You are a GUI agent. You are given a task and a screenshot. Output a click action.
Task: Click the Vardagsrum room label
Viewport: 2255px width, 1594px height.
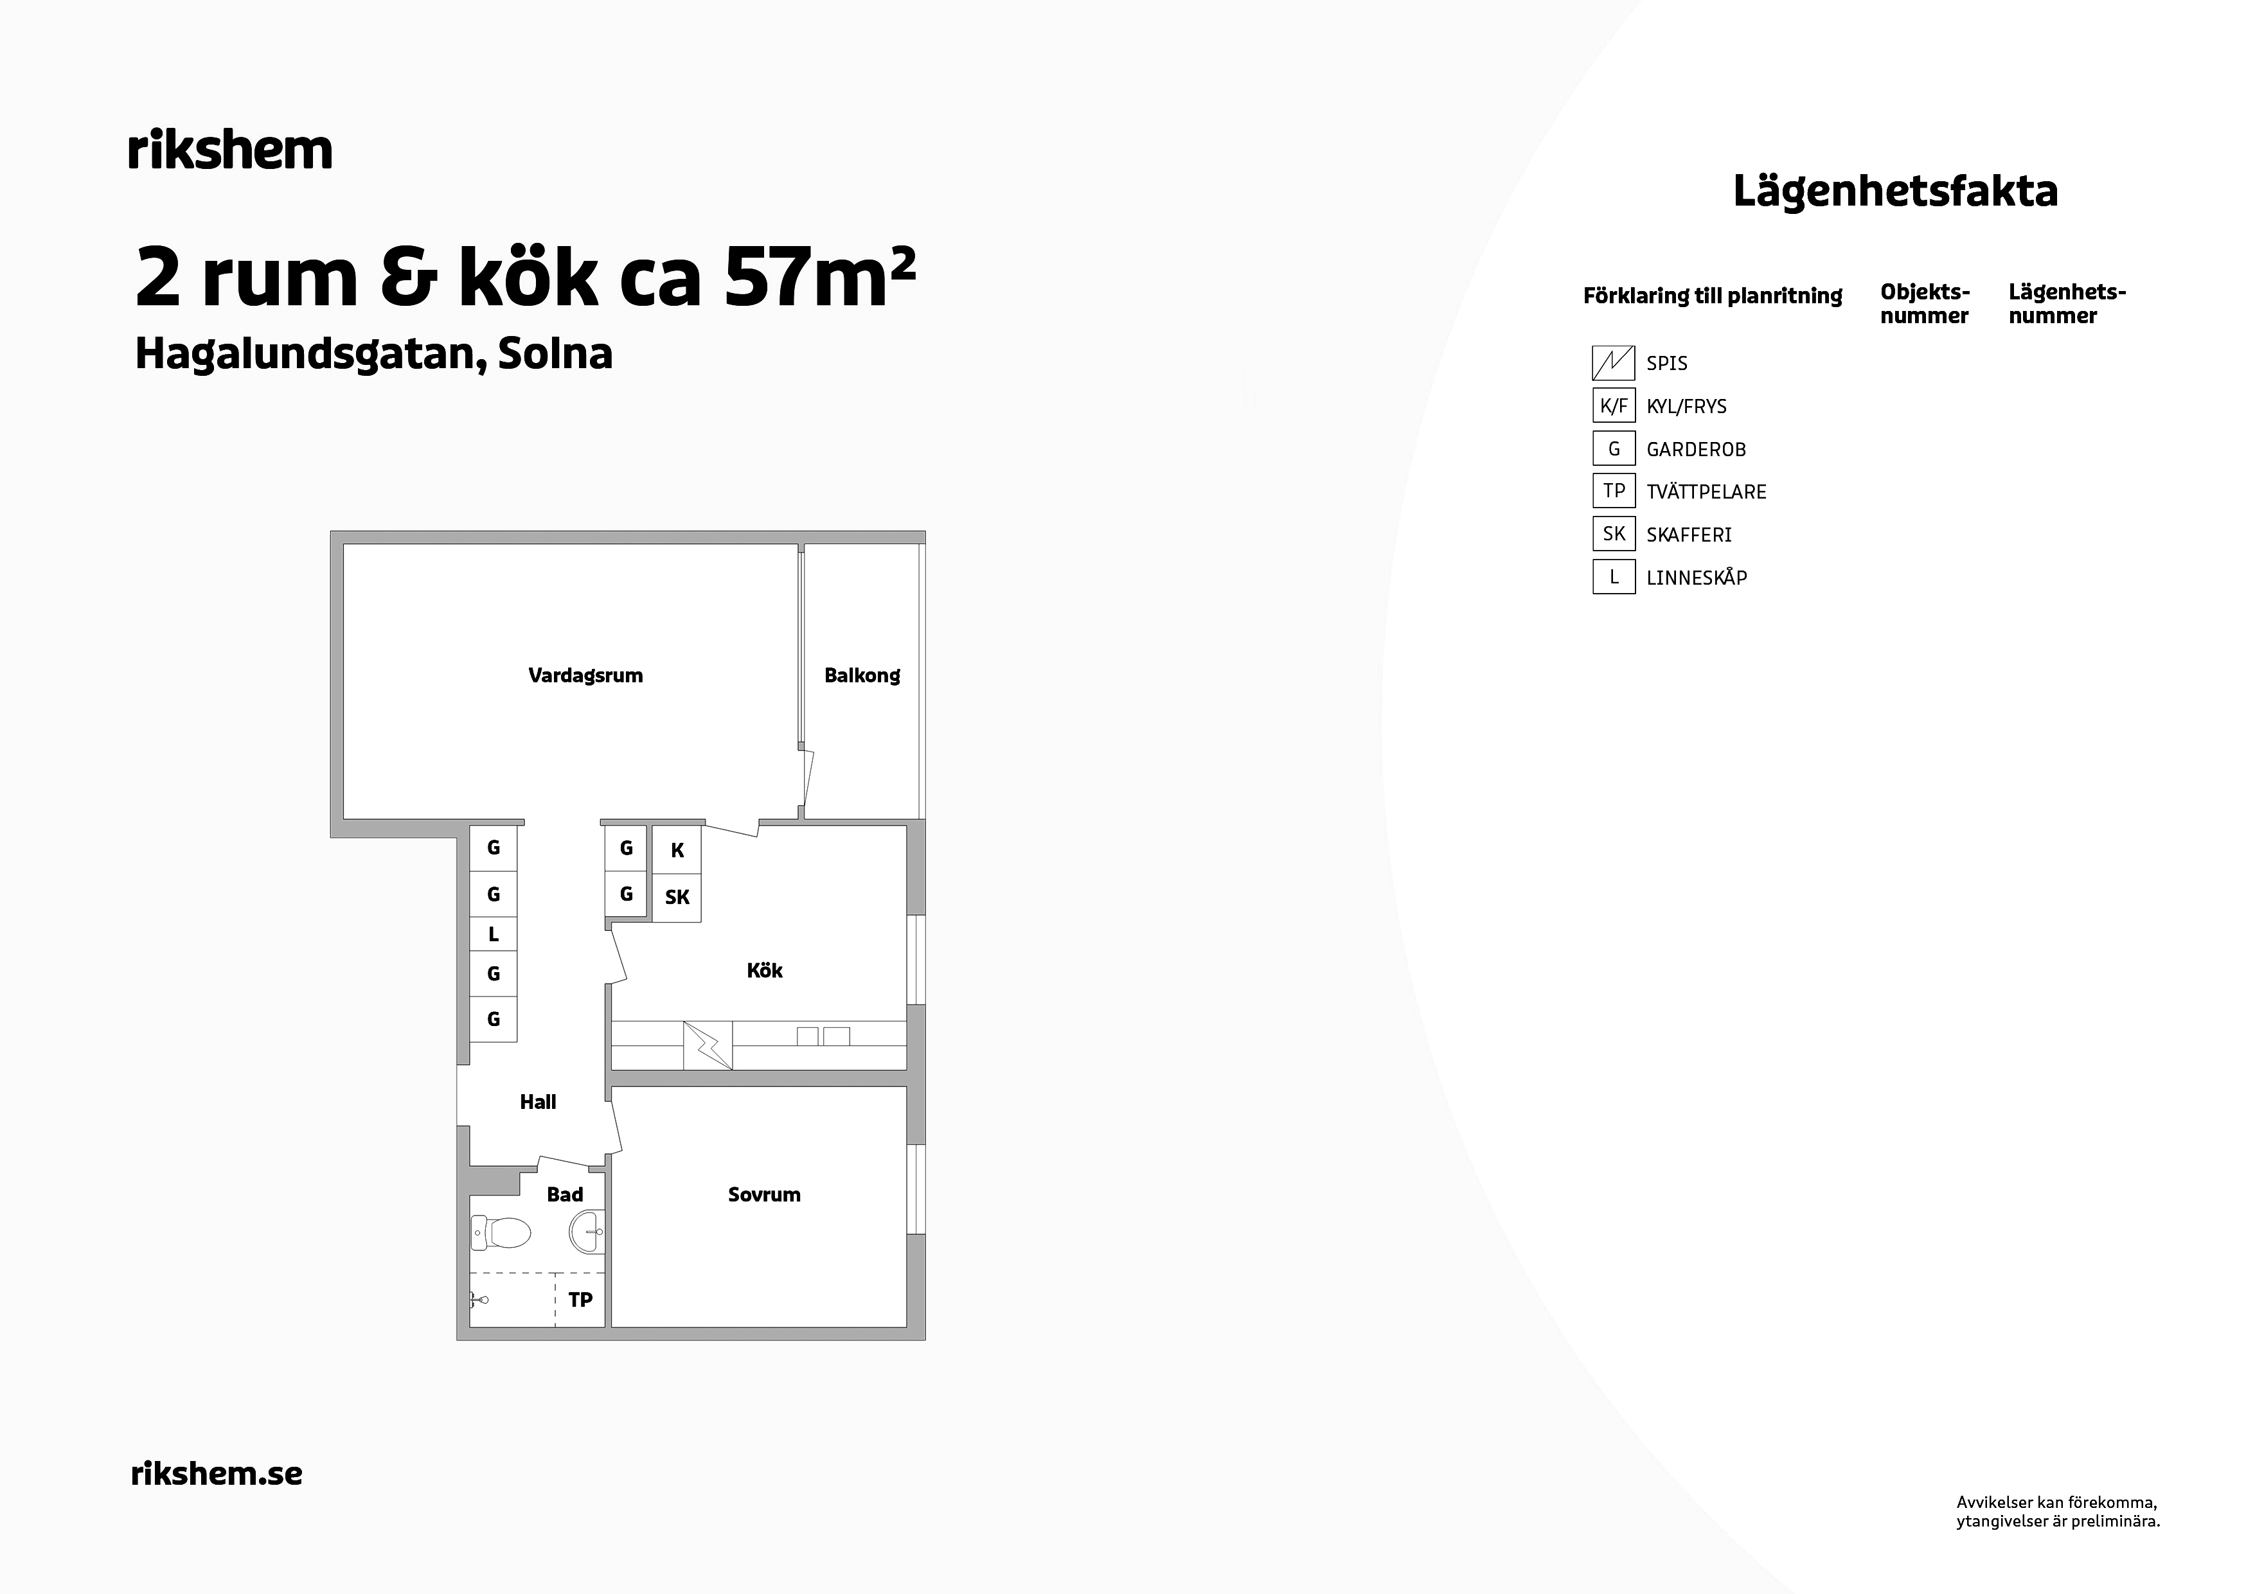coord(585,676)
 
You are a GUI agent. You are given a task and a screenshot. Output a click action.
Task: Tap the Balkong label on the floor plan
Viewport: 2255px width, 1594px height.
coord(862,676)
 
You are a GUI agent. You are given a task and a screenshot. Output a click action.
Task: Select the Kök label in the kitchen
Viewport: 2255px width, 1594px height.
coord(764,970)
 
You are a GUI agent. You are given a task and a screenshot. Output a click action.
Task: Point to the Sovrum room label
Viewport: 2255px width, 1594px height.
coord(764,1194)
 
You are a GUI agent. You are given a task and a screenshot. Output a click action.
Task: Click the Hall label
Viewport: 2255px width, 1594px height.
coord(539,1102)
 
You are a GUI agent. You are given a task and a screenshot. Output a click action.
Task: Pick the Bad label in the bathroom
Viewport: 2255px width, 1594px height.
coord(565,1194)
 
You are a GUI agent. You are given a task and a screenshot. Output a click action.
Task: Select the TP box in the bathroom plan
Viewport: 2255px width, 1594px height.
coord(580,1299)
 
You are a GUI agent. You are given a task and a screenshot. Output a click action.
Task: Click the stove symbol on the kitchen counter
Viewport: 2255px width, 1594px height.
coord(708,1045)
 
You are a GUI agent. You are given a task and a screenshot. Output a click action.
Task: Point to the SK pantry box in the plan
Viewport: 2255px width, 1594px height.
coord(677,898)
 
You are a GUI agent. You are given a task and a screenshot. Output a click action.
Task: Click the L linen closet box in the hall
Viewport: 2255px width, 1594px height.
coord(493,934)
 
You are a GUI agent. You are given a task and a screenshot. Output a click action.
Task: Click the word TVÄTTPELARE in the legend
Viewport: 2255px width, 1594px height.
coord(1706,492)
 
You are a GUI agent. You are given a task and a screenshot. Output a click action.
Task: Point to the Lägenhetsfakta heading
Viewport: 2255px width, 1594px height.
coord(1896,191)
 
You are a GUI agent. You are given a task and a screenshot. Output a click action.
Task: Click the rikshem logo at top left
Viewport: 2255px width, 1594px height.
coord(231,150)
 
